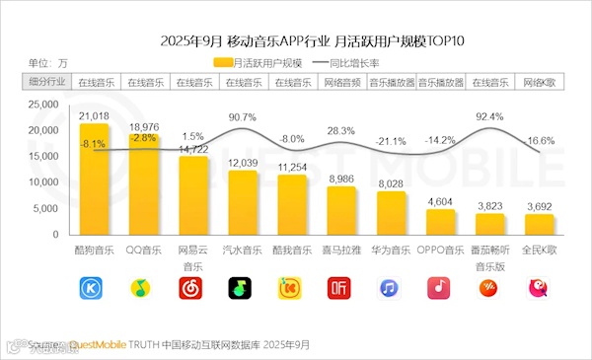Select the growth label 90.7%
[242, 118]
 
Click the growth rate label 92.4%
[490, 117]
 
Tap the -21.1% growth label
[392, 140]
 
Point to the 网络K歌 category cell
[540, 82]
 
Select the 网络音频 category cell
[341, 82]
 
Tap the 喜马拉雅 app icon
[341, 288]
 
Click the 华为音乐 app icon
[391, 288]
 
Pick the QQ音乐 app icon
[144, 288]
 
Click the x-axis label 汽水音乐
[243, 251]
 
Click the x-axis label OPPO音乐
[440, 251]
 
